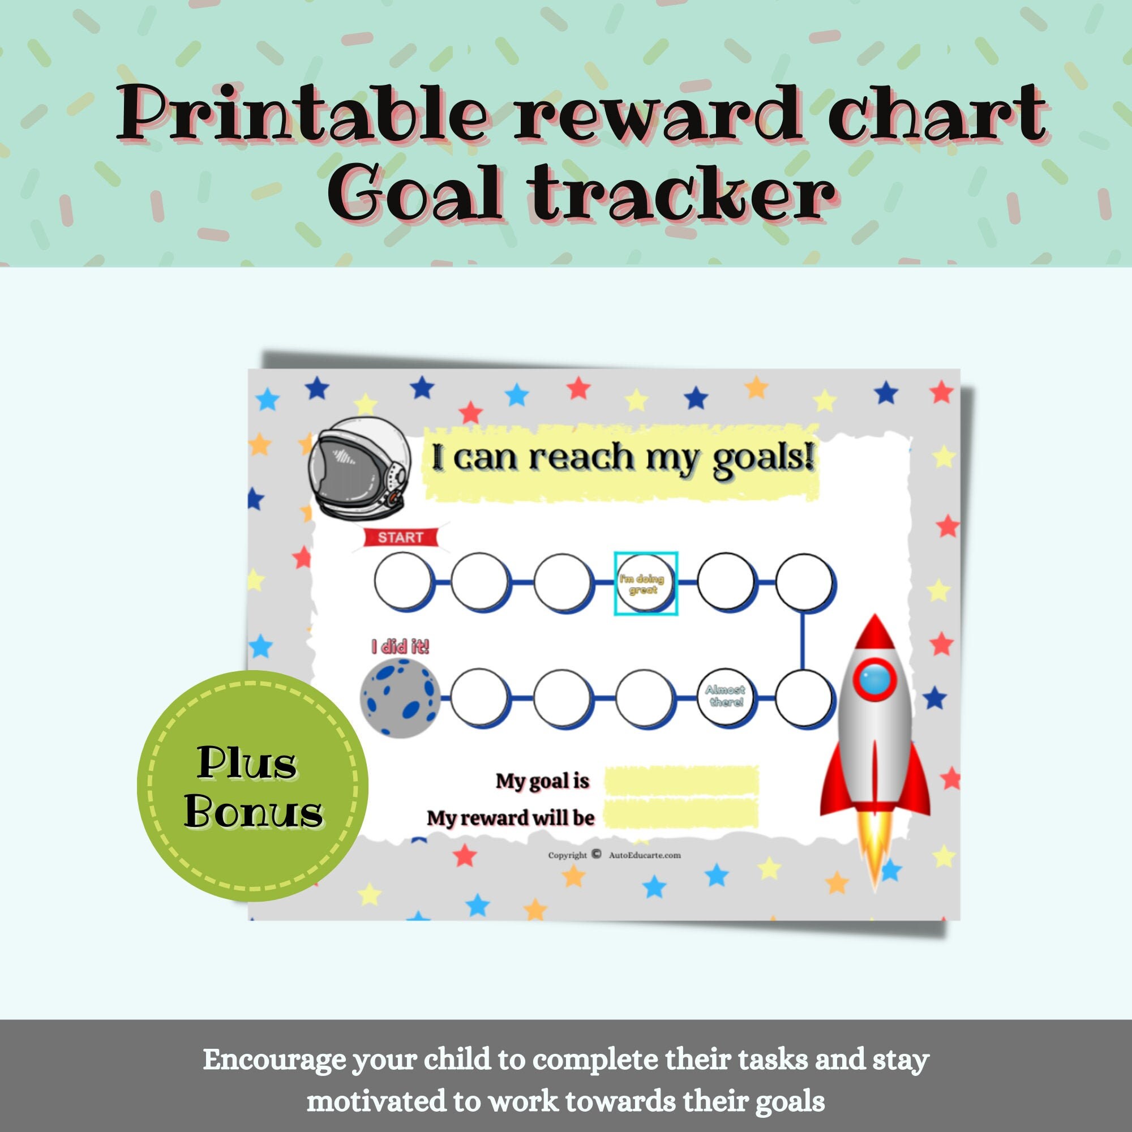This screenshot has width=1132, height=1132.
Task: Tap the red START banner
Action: click(401, 537)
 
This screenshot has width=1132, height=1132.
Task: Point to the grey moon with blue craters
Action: click(400, 696)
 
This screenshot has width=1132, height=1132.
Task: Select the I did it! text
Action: click(400, 648)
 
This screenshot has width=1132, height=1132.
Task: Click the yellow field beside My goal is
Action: click(681, 781)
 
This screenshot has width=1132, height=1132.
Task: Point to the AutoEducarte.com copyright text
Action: click(645, 855)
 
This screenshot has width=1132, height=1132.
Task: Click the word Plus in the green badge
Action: click(247, 764)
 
